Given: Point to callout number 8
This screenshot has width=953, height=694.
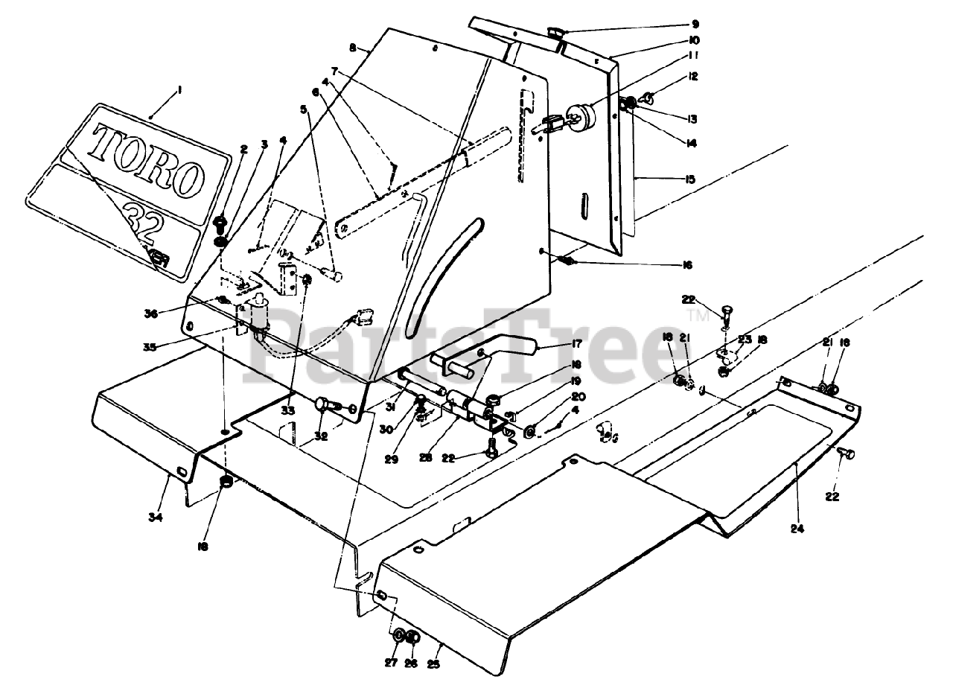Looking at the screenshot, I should (x=353, y=46).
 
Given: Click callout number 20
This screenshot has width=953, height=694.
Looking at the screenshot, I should (x=579, y=396).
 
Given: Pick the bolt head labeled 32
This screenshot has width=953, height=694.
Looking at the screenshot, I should (x=322, y=403).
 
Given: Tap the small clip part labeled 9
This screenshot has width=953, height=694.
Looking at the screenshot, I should (x=555, y=31).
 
